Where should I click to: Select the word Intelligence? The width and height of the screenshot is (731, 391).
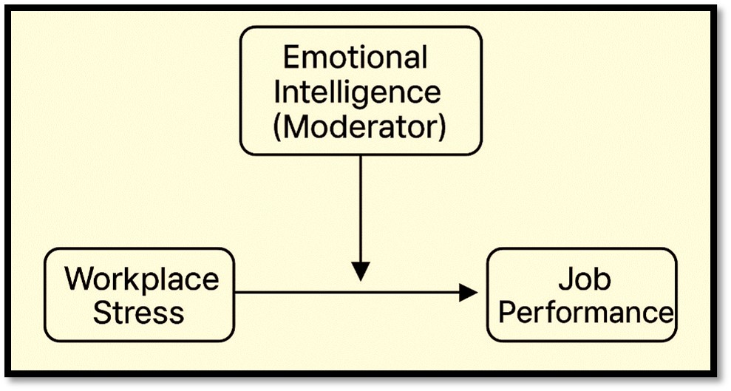tap(357, 92)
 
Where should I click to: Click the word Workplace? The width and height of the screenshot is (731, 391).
tap(141, 279)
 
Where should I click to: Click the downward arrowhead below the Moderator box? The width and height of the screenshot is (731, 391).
tap(360, 271)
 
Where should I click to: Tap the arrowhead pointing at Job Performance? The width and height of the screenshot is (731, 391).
tap(468, 293)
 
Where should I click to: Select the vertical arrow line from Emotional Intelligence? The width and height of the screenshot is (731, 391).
tap(360, 207)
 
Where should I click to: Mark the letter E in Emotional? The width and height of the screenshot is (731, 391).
tap(290, 58)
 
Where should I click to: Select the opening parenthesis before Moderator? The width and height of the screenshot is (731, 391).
tap(278, 127)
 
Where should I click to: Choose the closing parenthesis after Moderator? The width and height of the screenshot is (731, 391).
tap(441, 127)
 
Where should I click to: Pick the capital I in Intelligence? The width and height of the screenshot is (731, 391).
tap(278, 92)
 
